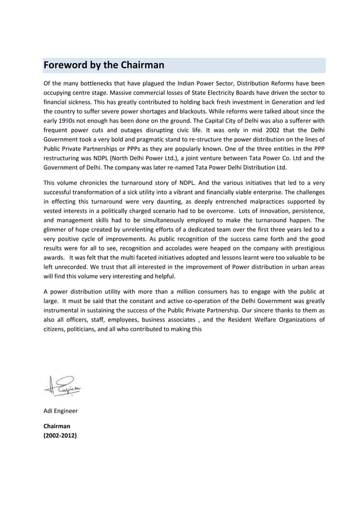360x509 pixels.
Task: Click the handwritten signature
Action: point(62,385)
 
